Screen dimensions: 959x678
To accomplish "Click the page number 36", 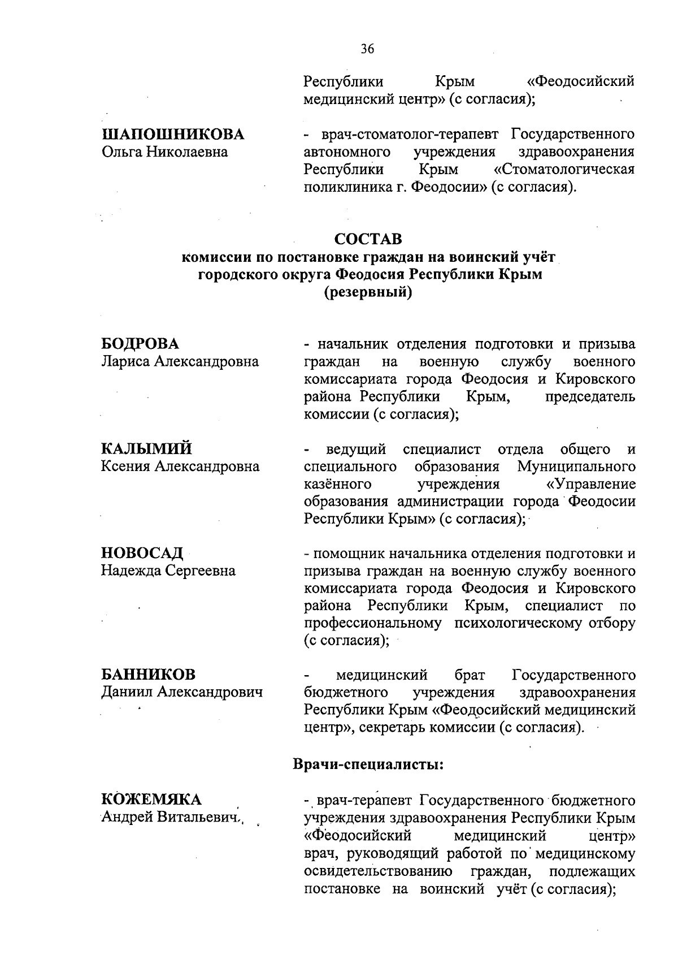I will [367, 49].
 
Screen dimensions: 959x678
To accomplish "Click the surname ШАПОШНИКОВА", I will [173, 135].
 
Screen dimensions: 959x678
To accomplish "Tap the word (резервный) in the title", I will [367, 292].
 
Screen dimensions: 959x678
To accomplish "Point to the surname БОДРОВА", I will [140, 344].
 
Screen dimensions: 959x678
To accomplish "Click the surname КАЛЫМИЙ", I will [146, 449].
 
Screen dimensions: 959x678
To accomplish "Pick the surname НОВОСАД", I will [142, 553].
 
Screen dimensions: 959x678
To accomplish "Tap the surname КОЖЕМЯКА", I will [151, 800].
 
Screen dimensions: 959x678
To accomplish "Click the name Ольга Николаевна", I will [164, 152].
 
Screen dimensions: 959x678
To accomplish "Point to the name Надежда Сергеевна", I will [168, 571].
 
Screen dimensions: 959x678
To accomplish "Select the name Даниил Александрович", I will [181, 692].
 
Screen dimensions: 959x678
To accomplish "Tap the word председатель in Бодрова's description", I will [590, 397].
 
